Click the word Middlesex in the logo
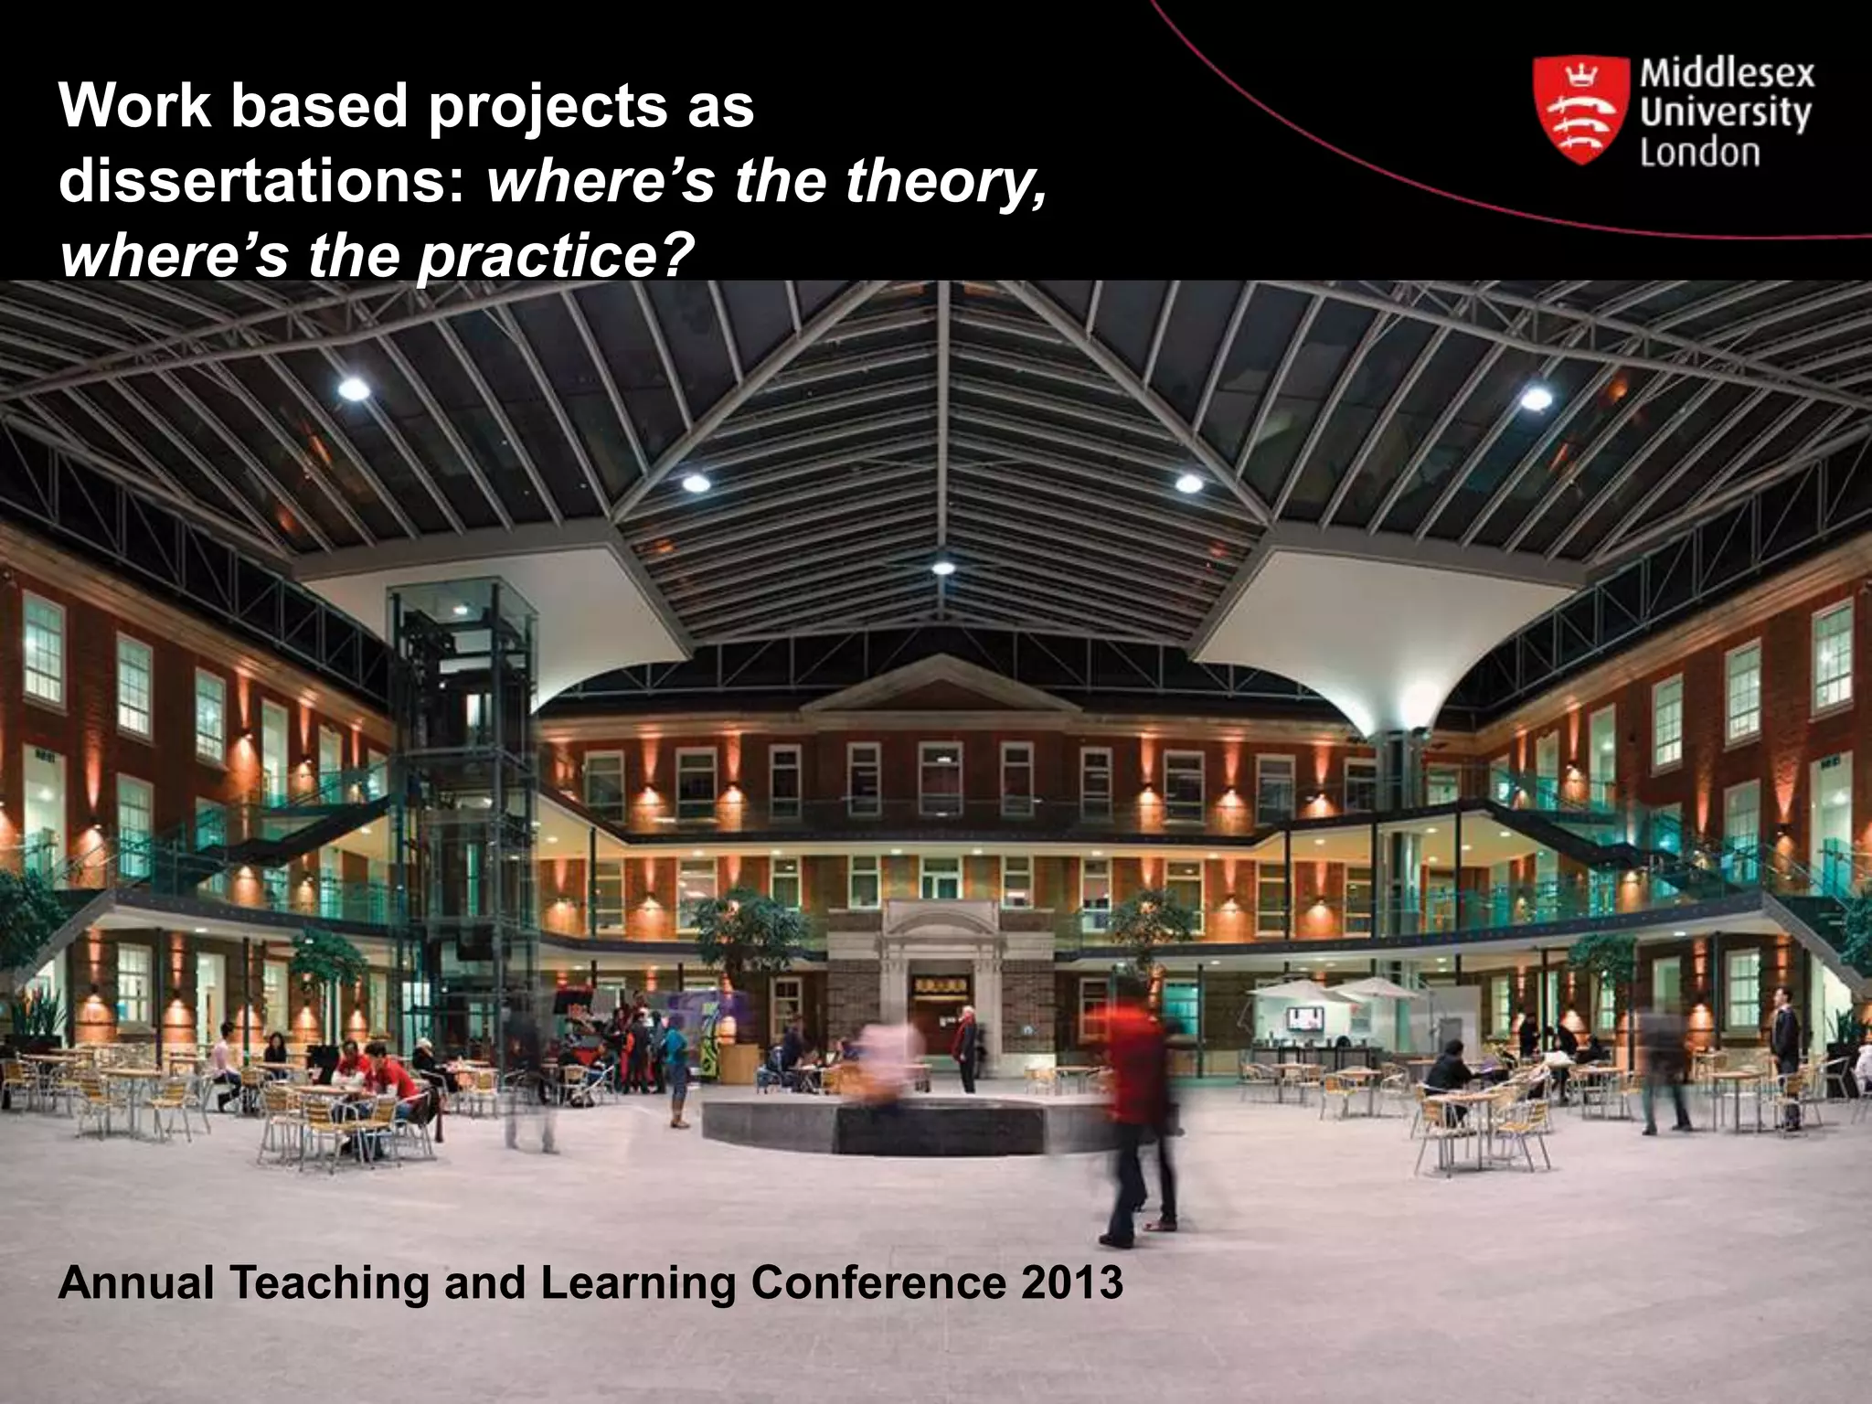pyautogui.click(x=1727, y=73)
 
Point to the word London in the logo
pyautogui.click(x=1699, y=152)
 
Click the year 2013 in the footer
pyautogui.click(x=1072, y=1282)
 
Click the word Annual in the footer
pyautogui.click(x=136, y=1282)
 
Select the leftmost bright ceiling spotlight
pyautogui.click(x=354, y=390)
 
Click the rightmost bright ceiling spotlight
pyautogui.click(x=1536, y=398)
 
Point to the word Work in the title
pyautogui.click(x=135, y=106)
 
